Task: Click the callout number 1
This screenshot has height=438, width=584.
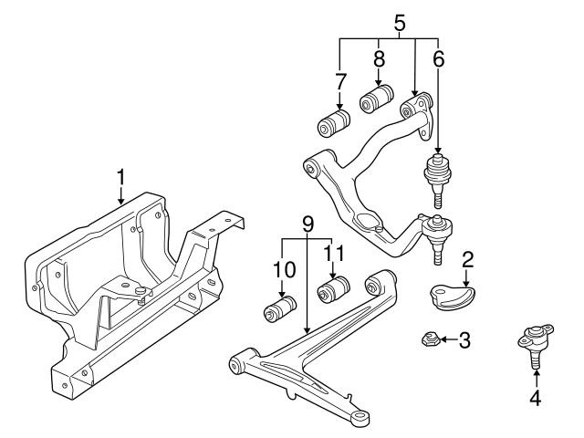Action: [x=120, y=174]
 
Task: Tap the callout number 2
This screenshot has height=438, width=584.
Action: [x=466, y=260]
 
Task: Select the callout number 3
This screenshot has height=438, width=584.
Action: [x=464, y=341]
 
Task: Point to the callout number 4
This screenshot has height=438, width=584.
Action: [x=536, y=398]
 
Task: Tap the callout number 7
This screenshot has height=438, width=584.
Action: [x=340, y=82]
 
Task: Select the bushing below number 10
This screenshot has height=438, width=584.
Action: [x=278, y=309]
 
